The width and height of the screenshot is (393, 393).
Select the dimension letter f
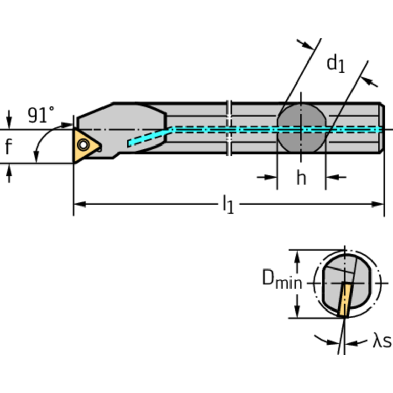8,147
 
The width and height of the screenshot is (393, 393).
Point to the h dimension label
301,178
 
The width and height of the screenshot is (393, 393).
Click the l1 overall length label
227,205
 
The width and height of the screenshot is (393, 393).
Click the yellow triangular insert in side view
84,146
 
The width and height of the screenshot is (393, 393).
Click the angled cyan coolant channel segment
148,136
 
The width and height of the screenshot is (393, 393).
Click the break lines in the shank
230,128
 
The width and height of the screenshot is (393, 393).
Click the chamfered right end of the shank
382,128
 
